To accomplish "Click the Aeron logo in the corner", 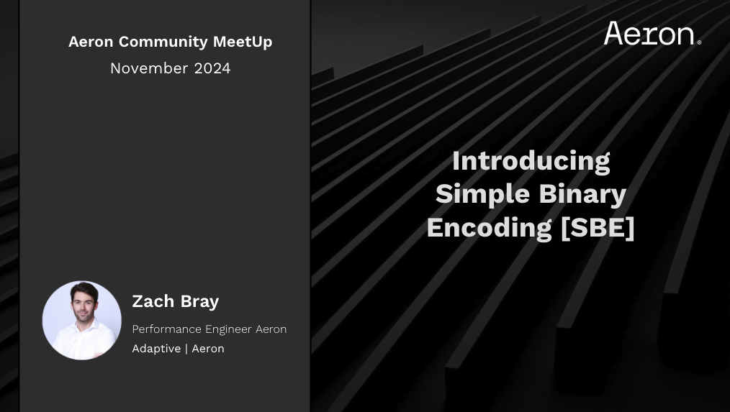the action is pos(652,33).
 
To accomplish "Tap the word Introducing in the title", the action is pos(531,161).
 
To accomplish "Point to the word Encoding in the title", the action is pos(490,228).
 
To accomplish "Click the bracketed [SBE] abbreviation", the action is pos(598,228).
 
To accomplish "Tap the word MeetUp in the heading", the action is pos(243,42).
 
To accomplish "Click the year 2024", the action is pos(212,68).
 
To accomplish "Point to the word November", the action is pos(150,68).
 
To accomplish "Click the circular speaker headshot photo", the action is pos(82,320).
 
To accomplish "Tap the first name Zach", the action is pos(153,301).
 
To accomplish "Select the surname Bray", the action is pos(199,302).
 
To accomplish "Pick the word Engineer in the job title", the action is pos(229,330).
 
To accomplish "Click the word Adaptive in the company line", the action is pos(156,349).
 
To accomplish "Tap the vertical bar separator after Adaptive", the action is pos(186,349).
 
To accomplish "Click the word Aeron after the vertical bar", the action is pos(208,349).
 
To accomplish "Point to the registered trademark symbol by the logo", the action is pos(699,42).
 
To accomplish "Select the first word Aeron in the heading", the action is pos(91,42).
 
